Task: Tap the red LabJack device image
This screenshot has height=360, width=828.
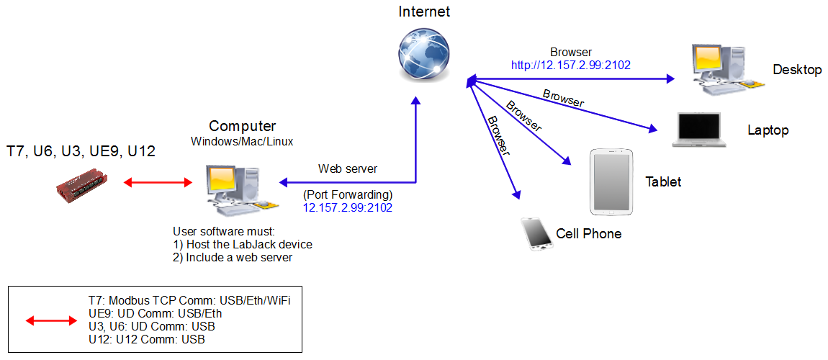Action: click(82, 183)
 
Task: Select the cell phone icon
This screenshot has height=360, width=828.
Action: click(536, 233)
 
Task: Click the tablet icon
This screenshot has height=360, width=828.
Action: click(613, 182)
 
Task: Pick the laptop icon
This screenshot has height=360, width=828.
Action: click(697, 130)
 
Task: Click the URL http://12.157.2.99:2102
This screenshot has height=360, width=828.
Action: click(571, 65)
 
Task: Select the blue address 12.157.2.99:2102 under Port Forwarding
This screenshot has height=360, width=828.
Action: click(348, 207)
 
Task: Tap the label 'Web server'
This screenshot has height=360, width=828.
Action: click(348, 168)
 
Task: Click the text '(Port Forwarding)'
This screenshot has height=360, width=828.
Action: click(348, 194)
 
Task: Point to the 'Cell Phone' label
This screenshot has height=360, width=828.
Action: click(588, 234)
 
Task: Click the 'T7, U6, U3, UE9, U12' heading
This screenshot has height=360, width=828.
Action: click(81, 151)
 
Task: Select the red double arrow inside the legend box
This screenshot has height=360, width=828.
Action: click(51, 320)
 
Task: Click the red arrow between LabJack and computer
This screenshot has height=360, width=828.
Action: click(158, 182)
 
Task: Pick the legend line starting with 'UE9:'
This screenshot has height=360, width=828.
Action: click(155, 313)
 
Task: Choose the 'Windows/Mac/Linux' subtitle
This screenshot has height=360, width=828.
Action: click(242, 141)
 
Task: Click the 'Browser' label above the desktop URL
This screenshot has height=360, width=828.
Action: click(571, 53)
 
